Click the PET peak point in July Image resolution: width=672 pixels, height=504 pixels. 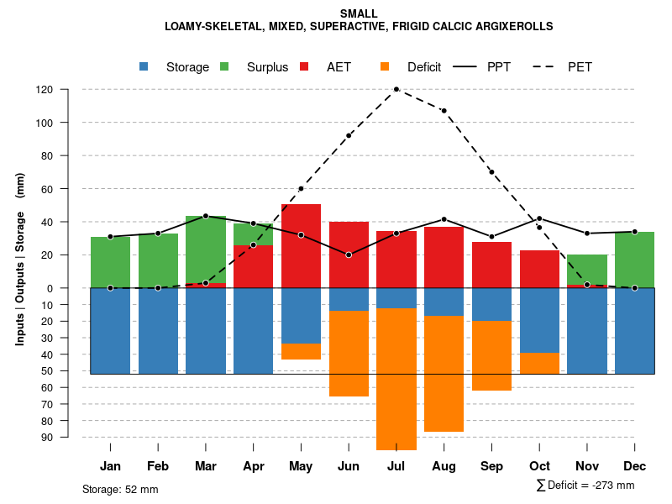tap(396, 89)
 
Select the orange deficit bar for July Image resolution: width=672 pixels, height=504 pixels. tap(396, 379)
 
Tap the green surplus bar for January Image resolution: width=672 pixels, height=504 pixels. tap(110, 262)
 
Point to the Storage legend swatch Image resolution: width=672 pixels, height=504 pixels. tap(144, 66)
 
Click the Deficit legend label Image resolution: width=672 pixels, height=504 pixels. tap(424, 67)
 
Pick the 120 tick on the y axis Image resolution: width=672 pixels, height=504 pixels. tap(45, 90)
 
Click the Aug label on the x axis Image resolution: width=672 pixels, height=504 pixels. tap(444, 466)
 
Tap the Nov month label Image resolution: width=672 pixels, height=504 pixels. tap(587, 466)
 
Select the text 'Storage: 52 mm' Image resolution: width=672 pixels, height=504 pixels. tap(120, 489)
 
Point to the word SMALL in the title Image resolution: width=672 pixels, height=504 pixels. tap(359, 13)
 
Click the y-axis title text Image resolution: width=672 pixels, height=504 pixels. tap(20, 265)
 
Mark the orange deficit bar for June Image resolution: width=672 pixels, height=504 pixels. tap(349, 353)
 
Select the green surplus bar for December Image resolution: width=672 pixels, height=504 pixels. tap(634, 260)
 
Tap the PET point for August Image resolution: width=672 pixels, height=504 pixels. tap(444, 111)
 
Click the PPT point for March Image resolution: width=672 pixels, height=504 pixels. tap(206, 216)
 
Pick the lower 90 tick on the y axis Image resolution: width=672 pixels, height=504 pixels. tap(47, 437)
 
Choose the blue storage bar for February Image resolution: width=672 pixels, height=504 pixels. tap(158, 331)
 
